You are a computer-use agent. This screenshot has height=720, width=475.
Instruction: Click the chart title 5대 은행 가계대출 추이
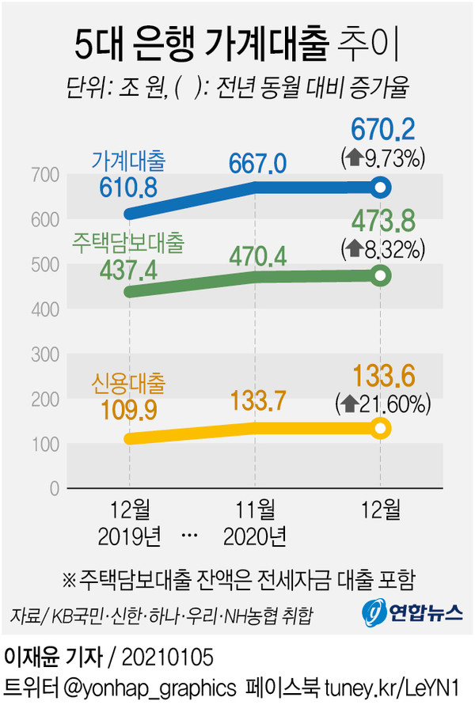click(237, 45)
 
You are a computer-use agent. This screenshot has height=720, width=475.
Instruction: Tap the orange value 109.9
click(129, 413)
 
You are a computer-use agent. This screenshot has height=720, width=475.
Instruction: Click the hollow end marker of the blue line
click(381, 188)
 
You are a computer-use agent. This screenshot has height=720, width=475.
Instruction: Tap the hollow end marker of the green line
click(381, 275)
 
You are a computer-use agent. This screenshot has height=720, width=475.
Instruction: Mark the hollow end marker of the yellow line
click(381, 428)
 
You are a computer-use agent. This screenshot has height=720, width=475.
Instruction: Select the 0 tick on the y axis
click(55, 488)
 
